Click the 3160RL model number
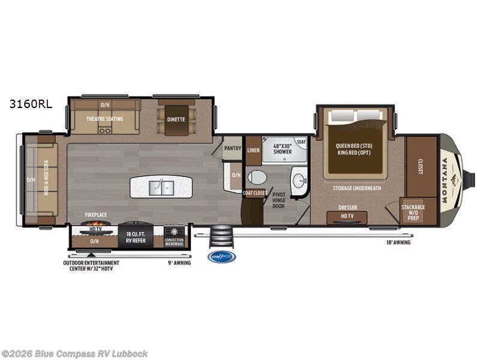point(30,103)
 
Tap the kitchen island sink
point(161,187)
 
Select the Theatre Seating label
point(104,119)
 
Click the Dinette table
point(176,119)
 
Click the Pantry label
point(233,148)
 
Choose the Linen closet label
point(253,149)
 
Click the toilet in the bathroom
point(257,177)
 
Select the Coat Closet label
point(254,193)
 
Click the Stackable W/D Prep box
point(413,211)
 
